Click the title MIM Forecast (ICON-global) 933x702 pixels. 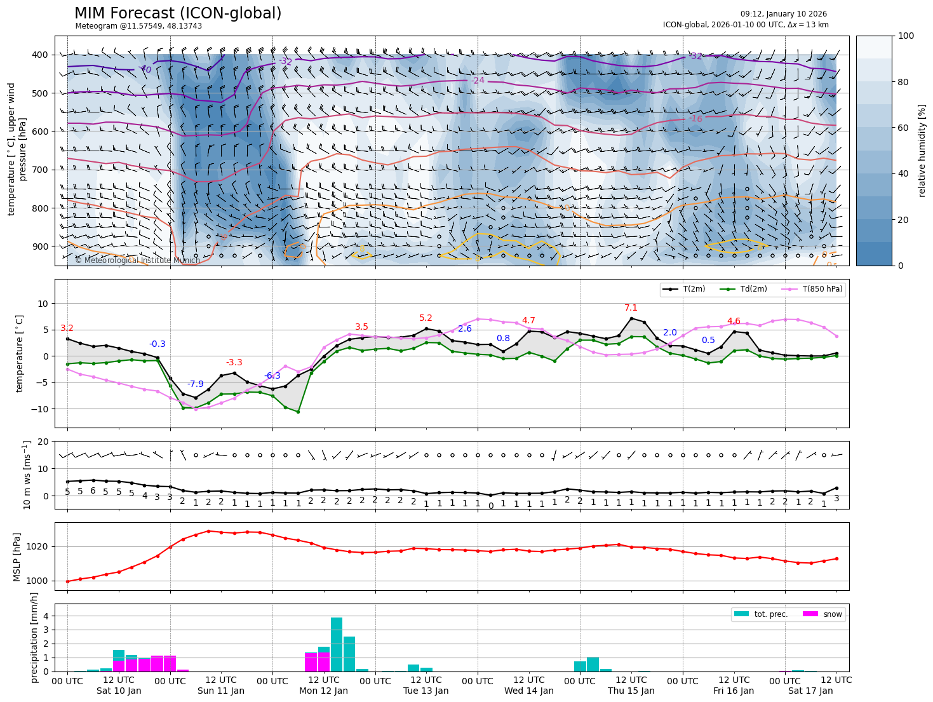[178, 13]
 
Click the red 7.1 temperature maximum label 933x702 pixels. [631, 308]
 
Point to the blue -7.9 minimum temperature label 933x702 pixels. [196, 384]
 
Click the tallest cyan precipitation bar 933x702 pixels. [337, 644]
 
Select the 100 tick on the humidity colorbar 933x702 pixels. [906, 36]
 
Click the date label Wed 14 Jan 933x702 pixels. [529, 691]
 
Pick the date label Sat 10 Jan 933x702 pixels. [119, 691]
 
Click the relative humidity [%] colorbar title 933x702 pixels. [922, 151]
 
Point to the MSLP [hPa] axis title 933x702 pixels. [17, 557]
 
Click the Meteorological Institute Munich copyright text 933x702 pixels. [137, 260]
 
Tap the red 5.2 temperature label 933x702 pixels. [426, 318]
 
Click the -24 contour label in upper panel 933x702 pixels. [478, 81]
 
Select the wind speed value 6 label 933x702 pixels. [93, 491]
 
